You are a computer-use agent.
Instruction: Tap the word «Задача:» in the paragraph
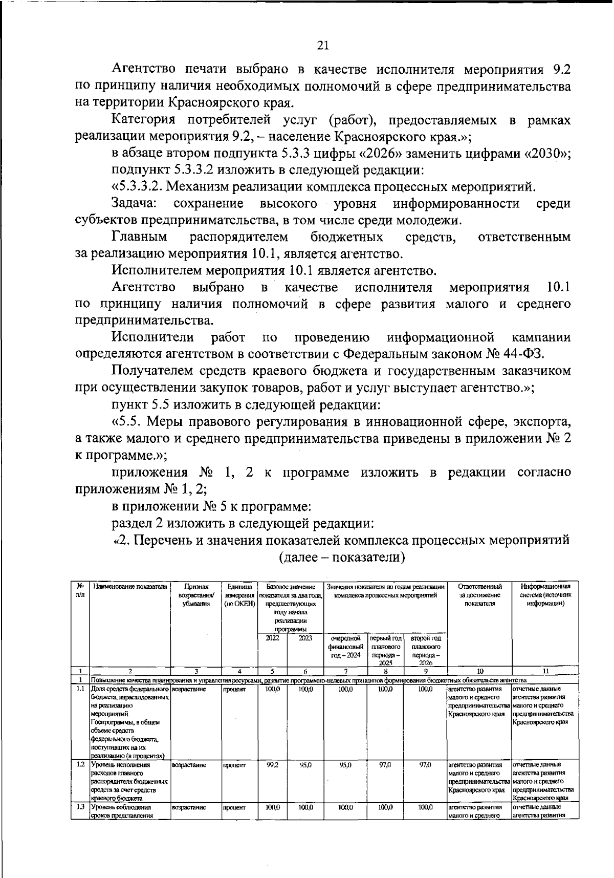coord(135,204)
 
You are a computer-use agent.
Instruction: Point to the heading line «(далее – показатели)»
coord(342,558)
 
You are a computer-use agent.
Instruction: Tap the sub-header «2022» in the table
coord(272,638)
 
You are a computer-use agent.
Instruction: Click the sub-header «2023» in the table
coord(305,638)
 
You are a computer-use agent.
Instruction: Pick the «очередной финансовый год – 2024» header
coord(346,647)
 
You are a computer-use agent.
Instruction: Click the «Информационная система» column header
coord(545,595)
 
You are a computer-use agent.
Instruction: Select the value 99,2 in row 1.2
coord(272,765)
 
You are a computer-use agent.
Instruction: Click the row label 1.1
coord(80,689)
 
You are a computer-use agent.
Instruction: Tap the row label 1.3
coord(80,807)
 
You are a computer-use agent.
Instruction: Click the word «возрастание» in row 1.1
coord(189,690)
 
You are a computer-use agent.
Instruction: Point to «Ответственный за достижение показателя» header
coord(480,595)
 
